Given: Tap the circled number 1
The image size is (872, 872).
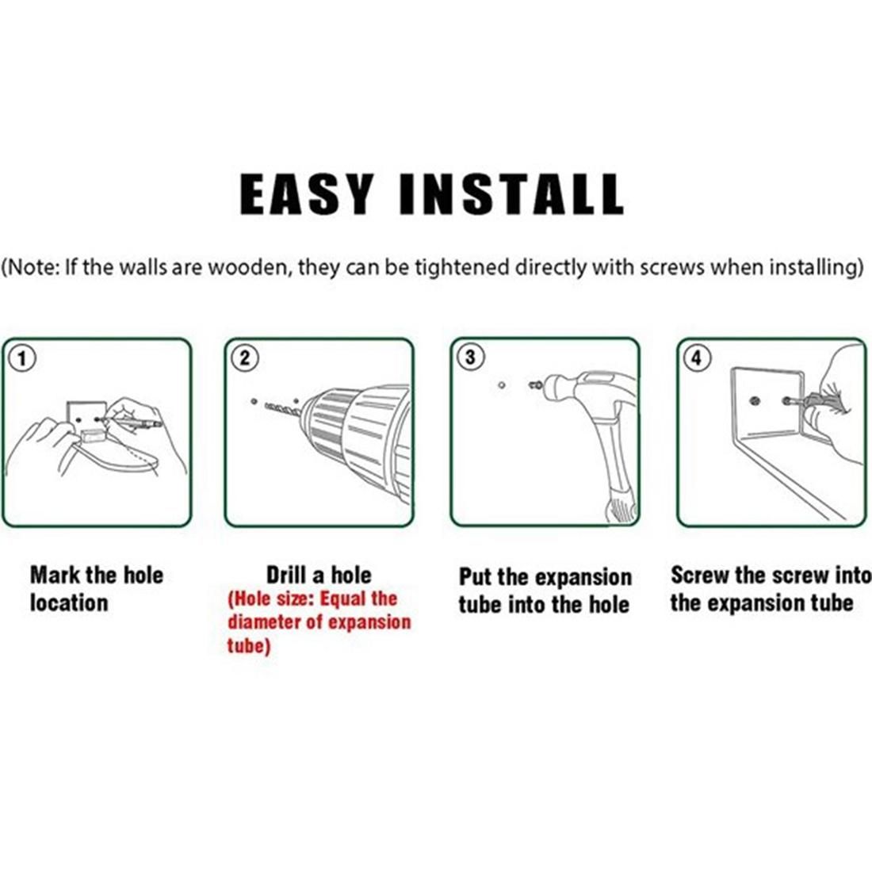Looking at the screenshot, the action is (21, 358).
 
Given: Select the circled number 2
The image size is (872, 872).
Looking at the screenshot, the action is (245, 358).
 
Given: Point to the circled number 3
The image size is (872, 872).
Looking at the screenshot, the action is (470, 357).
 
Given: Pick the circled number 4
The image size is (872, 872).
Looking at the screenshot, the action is (697, 358).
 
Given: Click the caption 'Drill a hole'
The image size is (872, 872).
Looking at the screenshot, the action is (319, 575).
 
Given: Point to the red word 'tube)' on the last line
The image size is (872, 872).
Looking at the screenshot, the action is (249, 646).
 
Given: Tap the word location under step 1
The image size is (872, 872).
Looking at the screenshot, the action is (69, 603).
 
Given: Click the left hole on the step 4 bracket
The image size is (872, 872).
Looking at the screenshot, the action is (755, 400).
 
